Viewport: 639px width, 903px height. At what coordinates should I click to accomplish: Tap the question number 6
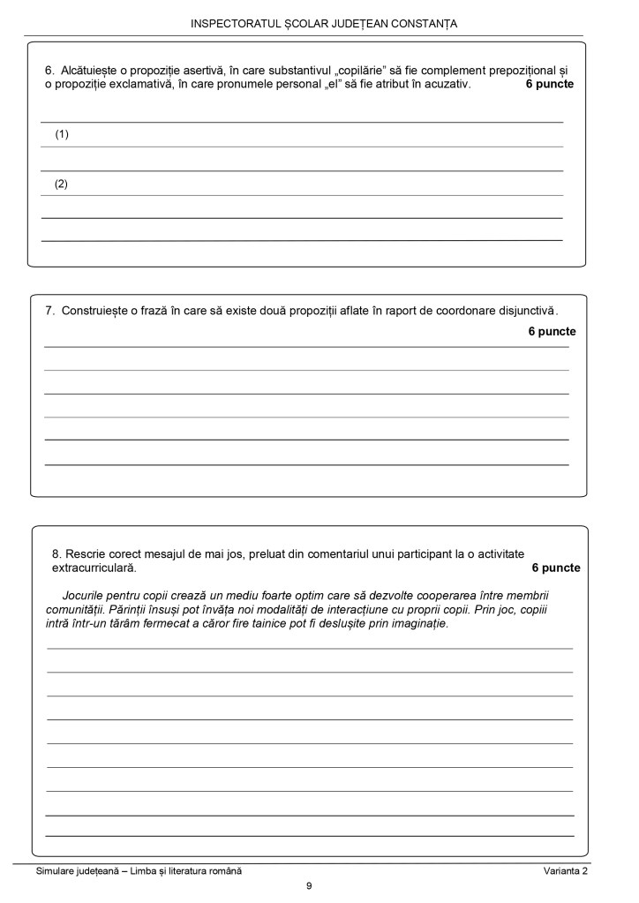click(x=49, y=71)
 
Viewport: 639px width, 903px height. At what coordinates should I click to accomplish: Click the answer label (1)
click(x=62, y=135)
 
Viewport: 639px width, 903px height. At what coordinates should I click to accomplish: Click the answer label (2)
click(x=62, y=184)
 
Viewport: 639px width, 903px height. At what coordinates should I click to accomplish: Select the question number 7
click(x=49, y=311)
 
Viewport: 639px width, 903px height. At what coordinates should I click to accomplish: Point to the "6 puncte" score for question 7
click(x=552, y=332)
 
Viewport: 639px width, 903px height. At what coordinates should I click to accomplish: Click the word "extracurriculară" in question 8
click(x=94, y=568)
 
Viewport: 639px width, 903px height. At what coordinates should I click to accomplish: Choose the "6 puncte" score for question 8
click(x=556, y=568)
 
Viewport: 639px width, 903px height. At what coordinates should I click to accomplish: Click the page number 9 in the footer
click(x=309, y=886)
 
